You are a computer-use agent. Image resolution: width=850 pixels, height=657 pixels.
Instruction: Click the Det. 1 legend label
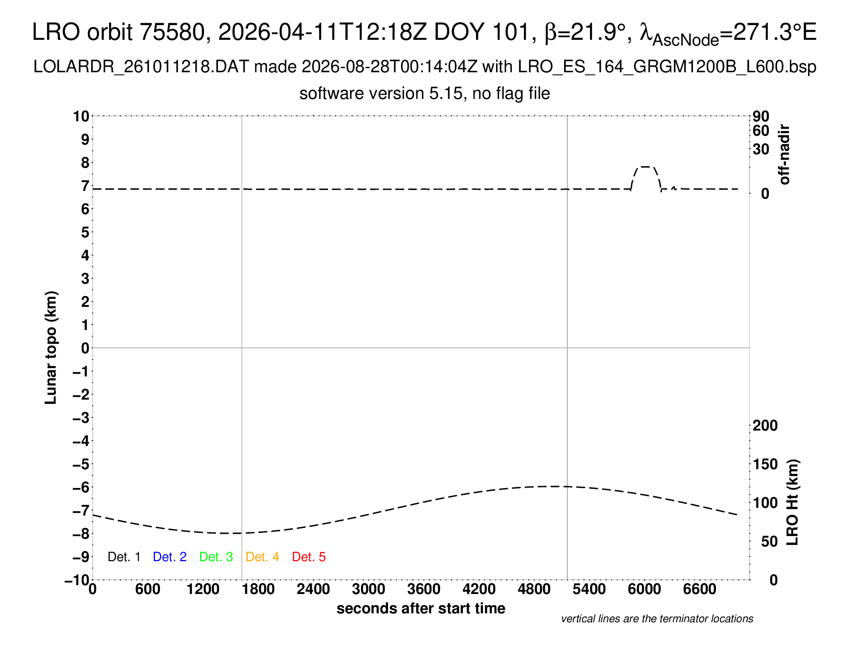(124, 557)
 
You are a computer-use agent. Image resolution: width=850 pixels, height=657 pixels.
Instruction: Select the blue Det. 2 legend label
(170, 557)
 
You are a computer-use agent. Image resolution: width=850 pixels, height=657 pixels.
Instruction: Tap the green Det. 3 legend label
(216, 557)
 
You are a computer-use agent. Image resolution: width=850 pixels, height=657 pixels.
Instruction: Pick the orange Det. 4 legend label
(262, 557)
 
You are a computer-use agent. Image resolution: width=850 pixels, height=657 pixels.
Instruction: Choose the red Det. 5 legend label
(309, 557)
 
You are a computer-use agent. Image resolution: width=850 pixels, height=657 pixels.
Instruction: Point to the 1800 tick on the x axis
(258, 589)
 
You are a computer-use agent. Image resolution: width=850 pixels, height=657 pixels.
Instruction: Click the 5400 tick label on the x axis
(589, 589)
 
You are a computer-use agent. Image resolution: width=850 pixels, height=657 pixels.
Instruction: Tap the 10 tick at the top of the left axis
(82, 116)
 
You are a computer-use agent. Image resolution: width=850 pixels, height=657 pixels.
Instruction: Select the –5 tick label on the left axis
(82, 464)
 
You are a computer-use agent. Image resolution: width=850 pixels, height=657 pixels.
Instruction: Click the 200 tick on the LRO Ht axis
(765, 426)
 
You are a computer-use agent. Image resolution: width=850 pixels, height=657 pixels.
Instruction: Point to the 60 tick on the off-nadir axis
(761, 131)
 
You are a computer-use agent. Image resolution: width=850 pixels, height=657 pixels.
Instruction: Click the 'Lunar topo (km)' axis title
(51, 347)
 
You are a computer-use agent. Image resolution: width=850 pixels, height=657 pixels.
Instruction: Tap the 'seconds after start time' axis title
(421, 608)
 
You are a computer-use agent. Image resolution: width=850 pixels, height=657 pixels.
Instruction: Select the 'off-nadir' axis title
(784, 155)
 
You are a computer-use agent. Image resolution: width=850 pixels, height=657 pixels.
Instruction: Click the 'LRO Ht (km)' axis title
(792, 502)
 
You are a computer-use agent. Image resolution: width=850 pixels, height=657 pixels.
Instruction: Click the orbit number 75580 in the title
(172, 32)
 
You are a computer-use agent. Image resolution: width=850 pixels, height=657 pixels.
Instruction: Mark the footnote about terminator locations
(657, 619)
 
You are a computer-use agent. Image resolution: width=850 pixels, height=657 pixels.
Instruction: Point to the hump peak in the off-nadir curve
(646, 167)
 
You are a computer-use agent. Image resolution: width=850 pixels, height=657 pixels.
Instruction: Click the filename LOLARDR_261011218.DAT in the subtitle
(141, 67)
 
